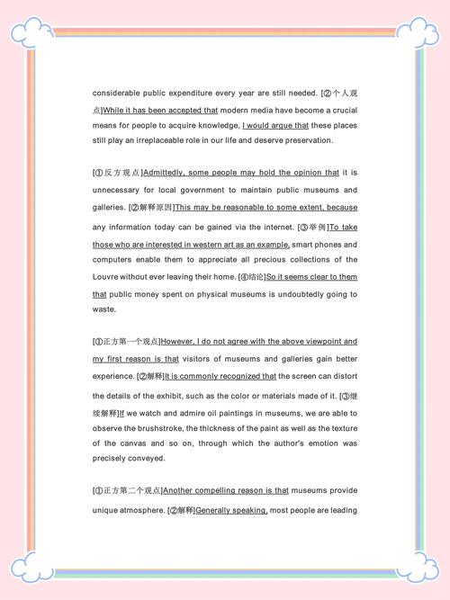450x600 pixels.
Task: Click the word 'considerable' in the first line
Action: (x=116, y=93)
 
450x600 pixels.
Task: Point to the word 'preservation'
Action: (x=308, y=140)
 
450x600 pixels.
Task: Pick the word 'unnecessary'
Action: (x=117, y=190)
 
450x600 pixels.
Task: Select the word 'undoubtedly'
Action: (x=299, y=294)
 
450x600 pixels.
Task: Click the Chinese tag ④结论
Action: (x=251, y=276)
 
